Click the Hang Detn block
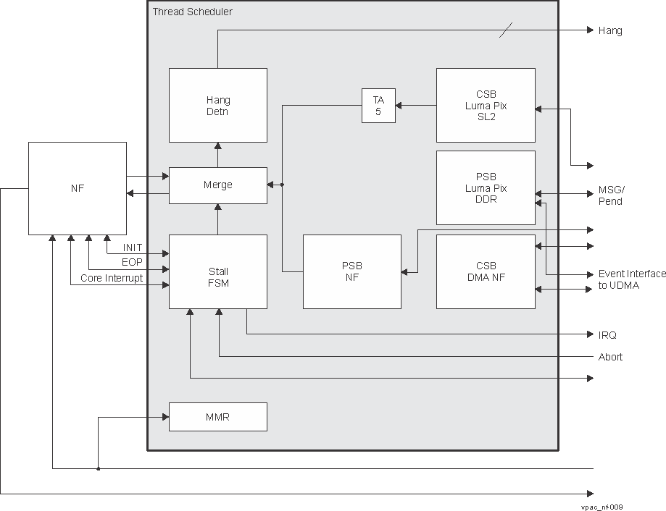[217, 106]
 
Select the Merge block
[217, 185]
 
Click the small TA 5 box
[378, 106]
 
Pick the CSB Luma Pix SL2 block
[486, 106]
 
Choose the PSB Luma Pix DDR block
[486, 187]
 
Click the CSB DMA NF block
[486, 271]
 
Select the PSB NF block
[351, 271]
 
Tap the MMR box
[217, 417]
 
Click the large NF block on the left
[77, 188]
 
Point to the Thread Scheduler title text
[193, 12]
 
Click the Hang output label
[609, 30]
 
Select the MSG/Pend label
[611, 195]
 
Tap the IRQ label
[607, 335]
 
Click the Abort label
[610, 357]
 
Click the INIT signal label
[133, 248]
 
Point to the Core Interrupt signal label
[112, 278]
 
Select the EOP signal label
[133, 263]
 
